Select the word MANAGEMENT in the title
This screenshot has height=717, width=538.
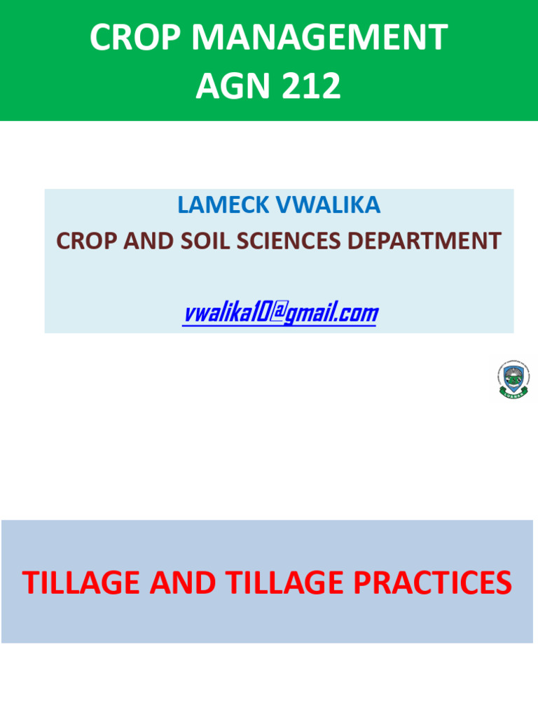click(x=322, y=38)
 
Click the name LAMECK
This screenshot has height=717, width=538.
click(x=223, y=204)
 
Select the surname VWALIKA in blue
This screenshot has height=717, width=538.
click(x=329, y=204)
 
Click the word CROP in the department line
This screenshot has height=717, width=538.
click(x=84, y=241)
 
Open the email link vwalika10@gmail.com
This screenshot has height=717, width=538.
click(x=280, y=313)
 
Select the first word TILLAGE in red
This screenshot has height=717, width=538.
click(x=85, y=583)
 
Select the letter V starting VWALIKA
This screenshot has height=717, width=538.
click(x=285, y=204)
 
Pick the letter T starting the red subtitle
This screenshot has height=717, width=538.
click(x=30, y=583)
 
